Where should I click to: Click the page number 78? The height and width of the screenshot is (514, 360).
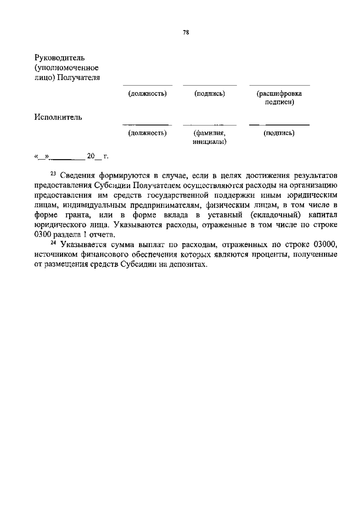coord(186,33)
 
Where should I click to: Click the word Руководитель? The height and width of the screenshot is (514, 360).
coord(59,58)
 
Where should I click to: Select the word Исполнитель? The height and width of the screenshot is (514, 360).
coord(58,117)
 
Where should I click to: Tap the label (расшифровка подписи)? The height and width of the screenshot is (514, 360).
coord(279,98)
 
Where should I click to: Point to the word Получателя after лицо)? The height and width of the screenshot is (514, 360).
coord(78,78)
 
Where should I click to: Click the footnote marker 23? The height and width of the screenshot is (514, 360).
coord(53,174)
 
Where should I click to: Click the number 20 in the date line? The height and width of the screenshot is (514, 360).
coord(91,156)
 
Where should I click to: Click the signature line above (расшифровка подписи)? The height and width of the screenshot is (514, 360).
coord(280,85)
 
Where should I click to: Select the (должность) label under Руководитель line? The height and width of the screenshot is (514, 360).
coord(147,94)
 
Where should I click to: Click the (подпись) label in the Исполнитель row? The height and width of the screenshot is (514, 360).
coord(279,133)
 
